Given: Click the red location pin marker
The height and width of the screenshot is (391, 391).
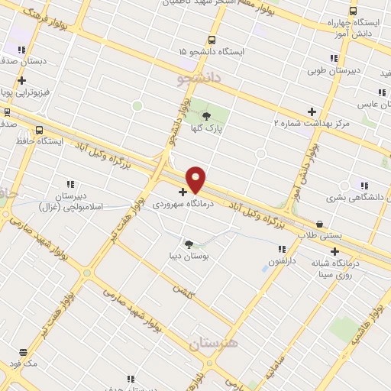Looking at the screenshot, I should tap(195, 179).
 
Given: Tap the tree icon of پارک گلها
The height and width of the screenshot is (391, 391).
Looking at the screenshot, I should tap(206, 116).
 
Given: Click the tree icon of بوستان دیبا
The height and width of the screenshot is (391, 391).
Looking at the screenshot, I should tap(189, 244).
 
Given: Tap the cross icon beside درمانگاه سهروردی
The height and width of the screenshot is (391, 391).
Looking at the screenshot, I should tap(183, 192).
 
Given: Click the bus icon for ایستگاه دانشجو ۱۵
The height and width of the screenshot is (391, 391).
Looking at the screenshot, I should tap(212, 40).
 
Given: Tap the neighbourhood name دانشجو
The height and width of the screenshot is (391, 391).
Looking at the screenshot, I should tap(199, 79).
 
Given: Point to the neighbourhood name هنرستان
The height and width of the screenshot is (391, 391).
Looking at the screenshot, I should tap(212, 343).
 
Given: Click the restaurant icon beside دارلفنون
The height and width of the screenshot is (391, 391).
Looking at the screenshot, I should tap(282, 248).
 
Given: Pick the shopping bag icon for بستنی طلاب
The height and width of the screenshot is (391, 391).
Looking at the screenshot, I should tap(319, 224).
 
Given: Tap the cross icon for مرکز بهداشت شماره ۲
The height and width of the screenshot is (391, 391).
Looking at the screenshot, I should tap(311, 111).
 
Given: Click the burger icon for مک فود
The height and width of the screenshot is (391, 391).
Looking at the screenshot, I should tap(23, 353).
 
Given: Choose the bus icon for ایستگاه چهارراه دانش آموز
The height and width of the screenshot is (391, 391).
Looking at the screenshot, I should tap(352, 11).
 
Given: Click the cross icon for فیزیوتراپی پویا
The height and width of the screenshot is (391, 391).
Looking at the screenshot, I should tap(22, 80).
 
